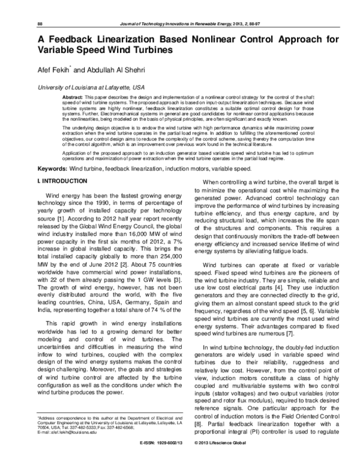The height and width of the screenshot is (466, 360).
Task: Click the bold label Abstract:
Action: (73, 97)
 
